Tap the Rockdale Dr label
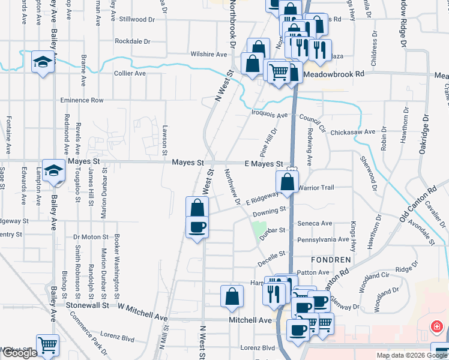[x=132, y=41]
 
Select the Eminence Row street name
[x=82, y=100]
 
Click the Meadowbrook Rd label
[x=334, y=74]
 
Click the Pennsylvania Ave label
[x=323, y=239]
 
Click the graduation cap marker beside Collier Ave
[x=43, y=62]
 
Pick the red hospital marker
[x=438, y=327]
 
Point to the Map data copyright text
[x=411, y=355]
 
